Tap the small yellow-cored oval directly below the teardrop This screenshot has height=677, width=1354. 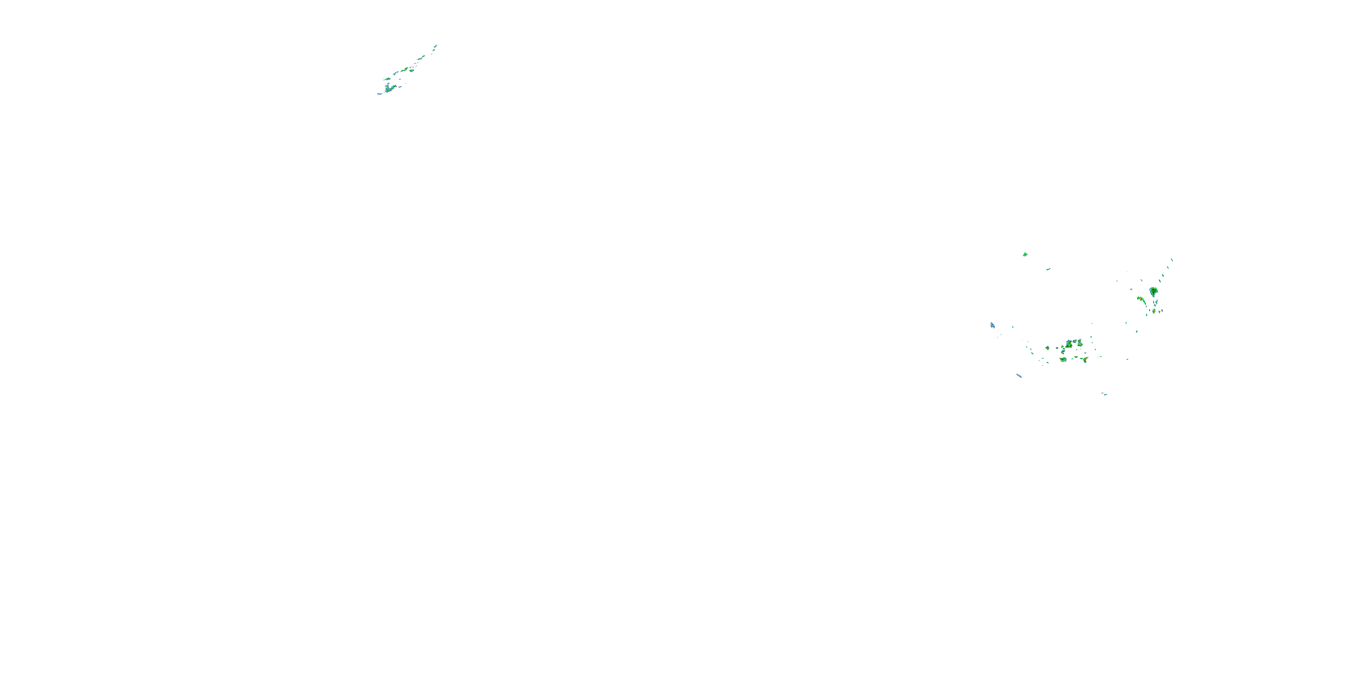[x=1154, y=311]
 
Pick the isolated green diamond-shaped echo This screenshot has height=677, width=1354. [x=1025, y=255]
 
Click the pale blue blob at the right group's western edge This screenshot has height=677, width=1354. [x=992, y=326]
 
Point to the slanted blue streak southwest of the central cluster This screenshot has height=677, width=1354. [x=1019, y=376]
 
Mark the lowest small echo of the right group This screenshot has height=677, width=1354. [x=1105, y=394]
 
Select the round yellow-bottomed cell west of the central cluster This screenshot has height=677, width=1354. [x=1048, y=348]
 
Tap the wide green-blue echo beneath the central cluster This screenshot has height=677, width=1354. [x=1063, y=360]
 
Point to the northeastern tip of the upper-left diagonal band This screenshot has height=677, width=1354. [x=436, y=46]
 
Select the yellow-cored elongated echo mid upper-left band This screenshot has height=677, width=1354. [x=405, y=70]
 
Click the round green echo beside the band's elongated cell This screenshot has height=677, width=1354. [x=412, y=70]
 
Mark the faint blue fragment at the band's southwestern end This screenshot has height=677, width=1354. [x=380, y=94]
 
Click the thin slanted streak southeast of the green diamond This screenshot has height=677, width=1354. [x=1048, y=269]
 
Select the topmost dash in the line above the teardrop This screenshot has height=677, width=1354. [x=1172, y=260]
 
